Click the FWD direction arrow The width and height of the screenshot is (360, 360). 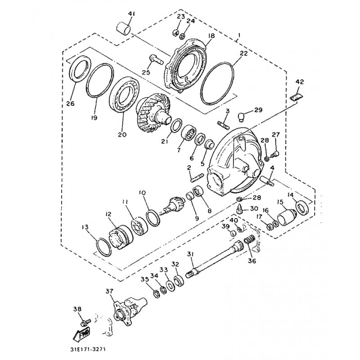point(81,335)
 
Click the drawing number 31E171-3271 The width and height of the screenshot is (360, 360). point(88,351)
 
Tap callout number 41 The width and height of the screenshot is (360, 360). point(131,14)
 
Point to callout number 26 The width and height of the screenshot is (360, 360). point(71,103)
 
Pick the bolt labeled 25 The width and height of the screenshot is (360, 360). point(156,59)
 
